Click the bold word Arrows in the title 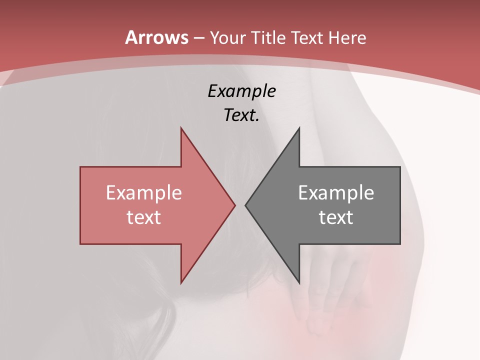(156, 37)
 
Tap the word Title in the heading (269, 37)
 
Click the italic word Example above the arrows (241, 91)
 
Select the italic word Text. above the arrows (241, 115)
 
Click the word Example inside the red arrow (143, 193)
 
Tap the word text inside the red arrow (143, 217)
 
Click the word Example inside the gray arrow (336, 193)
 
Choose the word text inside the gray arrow (336, 217)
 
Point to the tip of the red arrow (235, 205)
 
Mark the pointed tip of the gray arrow (245, 205)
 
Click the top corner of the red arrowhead (181, 128)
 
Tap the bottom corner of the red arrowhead (181, 282)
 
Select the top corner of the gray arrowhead (299, 128)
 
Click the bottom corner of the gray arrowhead (299, 282)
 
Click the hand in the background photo (320, 295)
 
